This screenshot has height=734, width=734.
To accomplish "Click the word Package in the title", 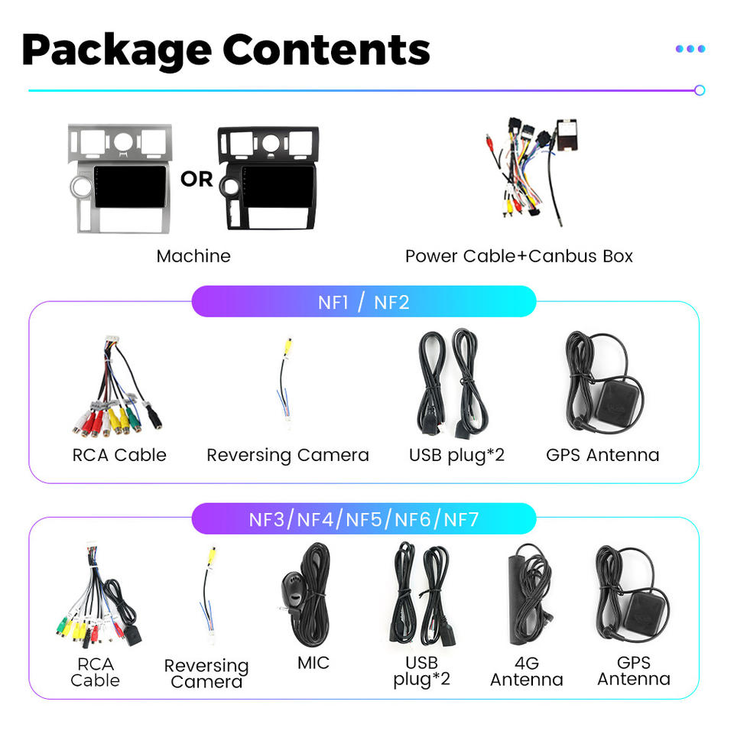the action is coord(116,51).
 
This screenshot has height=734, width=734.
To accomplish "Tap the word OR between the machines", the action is coord(196,179).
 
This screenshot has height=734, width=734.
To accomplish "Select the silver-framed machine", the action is coord(120,178).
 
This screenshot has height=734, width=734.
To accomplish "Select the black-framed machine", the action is coord(268,178).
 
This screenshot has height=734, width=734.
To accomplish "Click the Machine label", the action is coord(193,256).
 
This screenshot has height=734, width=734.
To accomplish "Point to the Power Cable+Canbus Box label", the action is coord(518,256).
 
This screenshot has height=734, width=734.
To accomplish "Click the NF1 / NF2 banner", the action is coord(364,302).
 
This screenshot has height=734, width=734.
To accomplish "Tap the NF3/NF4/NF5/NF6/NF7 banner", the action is coord(364,519).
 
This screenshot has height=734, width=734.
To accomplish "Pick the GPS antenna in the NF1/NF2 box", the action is coord(604,382).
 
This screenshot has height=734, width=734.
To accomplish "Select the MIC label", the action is coord(313,663).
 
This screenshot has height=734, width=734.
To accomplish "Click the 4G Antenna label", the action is coord(527,671).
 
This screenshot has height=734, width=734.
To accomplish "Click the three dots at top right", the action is coord(690,49).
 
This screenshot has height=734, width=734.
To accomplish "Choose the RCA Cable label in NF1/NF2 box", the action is coord(119,455).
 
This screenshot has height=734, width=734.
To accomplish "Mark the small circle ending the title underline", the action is coord(700,90).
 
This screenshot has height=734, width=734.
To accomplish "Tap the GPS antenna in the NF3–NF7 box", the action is coord(633,595).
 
